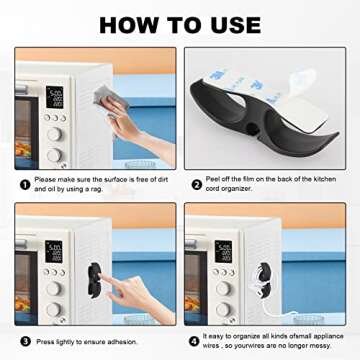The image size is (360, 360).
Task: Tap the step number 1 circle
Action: [22, 182]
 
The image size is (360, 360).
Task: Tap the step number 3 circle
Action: [22, 341]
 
